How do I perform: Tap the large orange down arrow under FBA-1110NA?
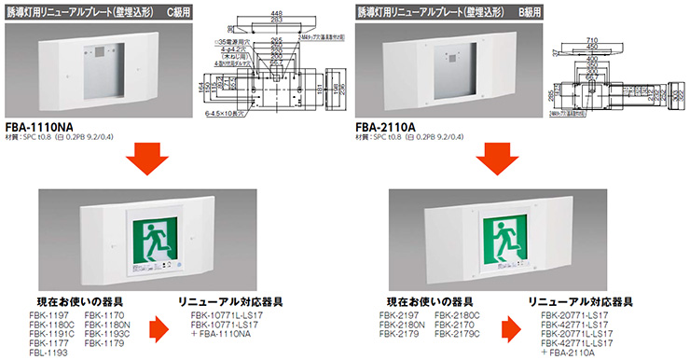[x=150, y=158]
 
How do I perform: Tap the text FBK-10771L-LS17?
[x=228, y=316]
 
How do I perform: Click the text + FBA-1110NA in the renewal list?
[x=226, y=334]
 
